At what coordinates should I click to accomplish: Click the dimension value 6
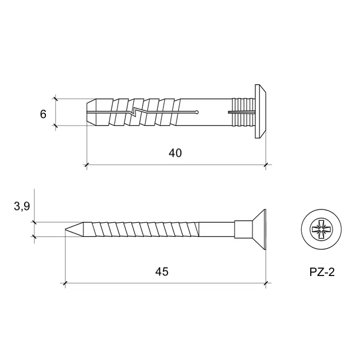43,114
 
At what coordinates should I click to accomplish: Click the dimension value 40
175,153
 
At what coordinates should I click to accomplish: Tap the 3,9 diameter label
22,207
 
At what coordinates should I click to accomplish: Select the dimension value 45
162,272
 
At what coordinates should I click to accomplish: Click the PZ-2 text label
322,272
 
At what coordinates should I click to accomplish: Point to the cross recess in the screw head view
321,230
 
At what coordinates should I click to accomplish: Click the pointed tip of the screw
66,229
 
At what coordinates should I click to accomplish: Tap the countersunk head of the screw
259,230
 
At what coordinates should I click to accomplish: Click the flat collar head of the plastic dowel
260,111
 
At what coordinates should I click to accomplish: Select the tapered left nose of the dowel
91,113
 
